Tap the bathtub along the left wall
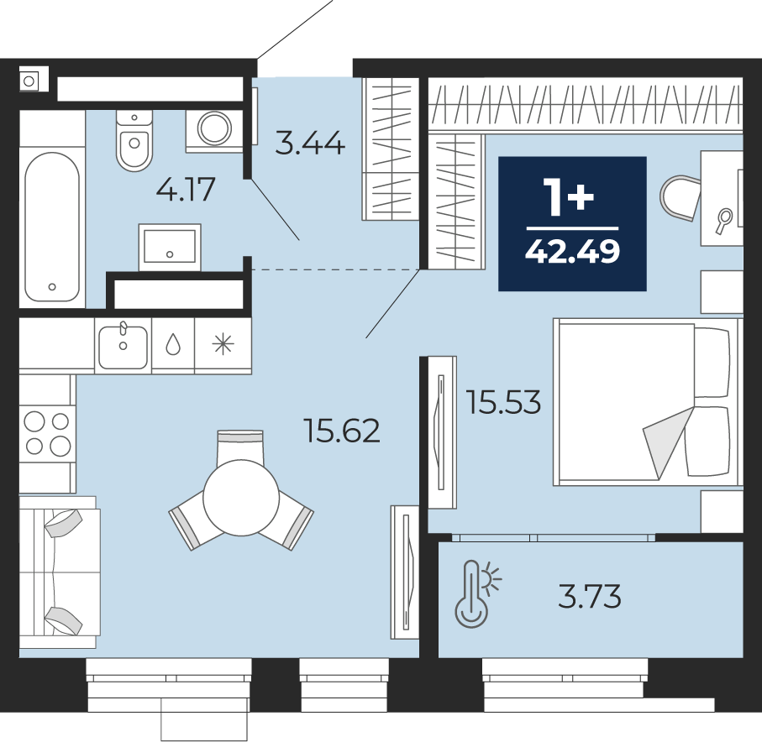52,227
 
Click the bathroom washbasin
170,247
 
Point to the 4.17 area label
186,190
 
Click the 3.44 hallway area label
309,144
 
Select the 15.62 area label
342,431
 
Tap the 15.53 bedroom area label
503,402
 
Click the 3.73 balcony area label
590,596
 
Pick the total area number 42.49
572,252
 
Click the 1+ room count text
569,196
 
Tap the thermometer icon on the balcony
478,594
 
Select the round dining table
241,498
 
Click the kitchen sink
123,346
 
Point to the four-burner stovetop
48,434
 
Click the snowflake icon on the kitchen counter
223,345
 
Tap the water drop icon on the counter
173,345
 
